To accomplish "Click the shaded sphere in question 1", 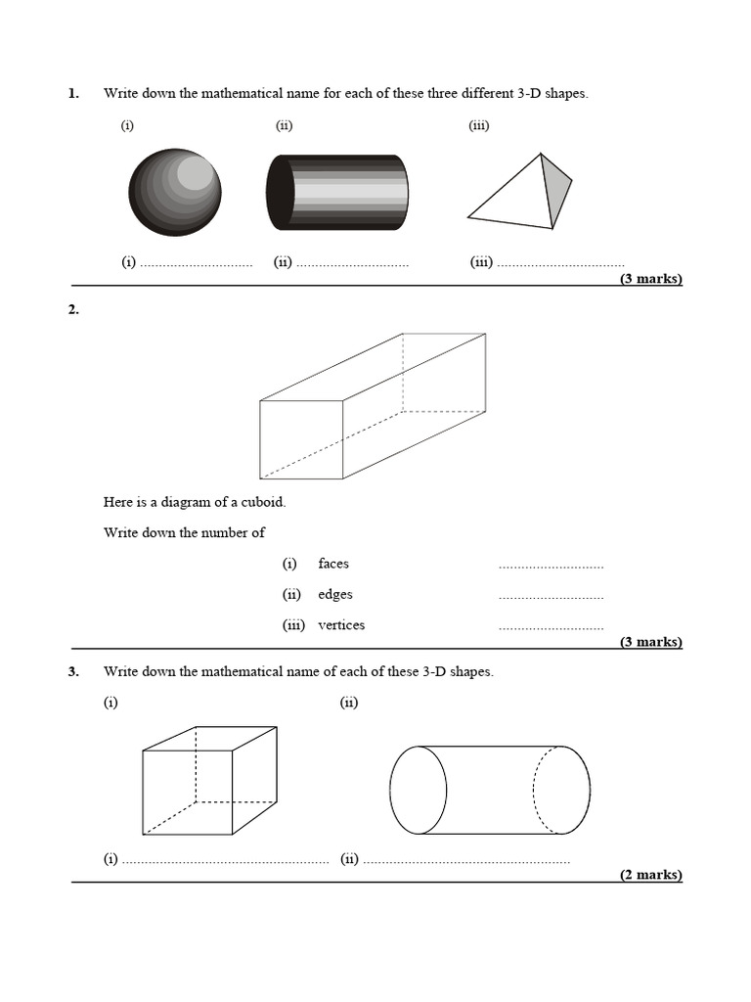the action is (175, 192).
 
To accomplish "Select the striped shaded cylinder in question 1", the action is (336, 192).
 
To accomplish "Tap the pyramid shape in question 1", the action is (518, 195).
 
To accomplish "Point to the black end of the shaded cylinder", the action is (280, 192).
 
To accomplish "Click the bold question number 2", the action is (73, 310).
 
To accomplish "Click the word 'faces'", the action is (333, 564).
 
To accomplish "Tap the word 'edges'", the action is (335, 594).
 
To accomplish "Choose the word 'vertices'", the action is (341, 625).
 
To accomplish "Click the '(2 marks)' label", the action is (650, 875).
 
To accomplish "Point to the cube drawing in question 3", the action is (208, 780).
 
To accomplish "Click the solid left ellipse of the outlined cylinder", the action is (419, 790).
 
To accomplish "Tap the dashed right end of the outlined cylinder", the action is (562, 790).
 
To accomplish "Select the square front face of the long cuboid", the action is (301, 439).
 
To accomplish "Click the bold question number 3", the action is (73, 672).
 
